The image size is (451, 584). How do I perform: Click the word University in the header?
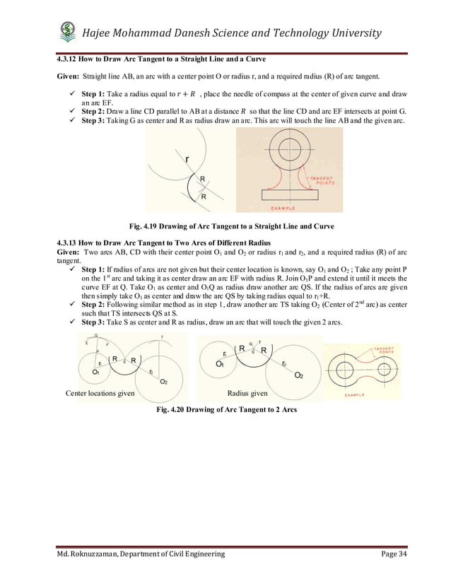tap(350, 33)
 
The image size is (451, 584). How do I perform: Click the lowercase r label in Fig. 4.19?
tap(187, 160)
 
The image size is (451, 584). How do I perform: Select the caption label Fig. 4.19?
tap(144, 226)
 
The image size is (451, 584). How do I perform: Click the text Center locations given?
tap(100, 393)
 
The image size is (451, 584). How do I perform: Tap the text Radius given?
tap(247, 393)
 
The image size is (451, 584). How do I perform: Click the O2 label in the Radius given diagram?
tap(300, 375)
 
